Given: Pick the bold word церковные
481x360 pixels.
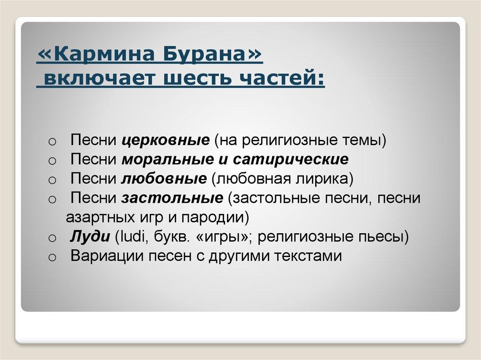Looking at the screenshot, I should coord(165,140).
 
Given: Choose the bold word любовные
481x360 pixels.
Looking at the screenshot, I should coord(164,179).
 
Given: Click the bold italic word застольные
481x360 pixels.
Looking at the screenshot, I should coord(172,198).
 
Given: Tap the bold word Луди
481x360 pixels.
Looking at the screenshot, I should coord(90,237).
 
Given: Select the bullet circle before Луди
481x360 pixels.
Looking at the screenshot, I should coord(52,238).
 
